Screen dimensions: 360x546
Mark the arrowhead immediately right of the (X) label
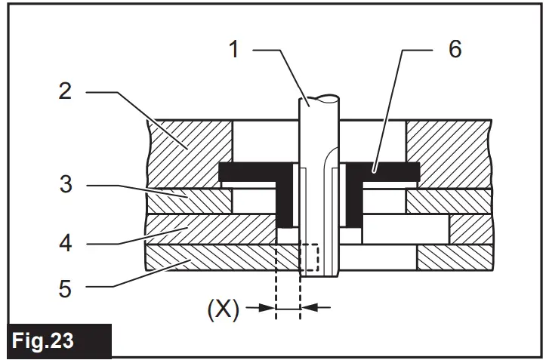[x=267, y=308]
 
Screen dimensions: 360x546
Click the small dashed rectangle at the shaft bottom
[x=310, y=258]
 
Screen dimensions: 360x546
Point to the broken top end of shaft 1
[x=319, y=98]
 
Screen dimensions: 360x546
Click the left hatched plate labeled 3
[x=189, y=201]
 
